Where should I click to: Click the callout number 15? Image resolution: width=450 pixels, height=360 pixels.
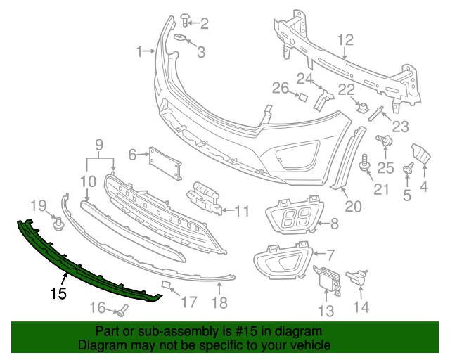tap(58, 293)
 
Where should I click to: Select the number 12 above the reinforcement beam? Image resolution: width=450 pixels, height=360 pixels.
tap(345, 40)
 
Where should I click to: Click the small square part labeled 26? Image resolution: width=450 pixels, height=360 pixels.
tap(303, 96)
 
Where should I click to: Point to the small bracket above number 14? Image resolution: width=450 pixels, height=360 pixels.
tap(360, 277)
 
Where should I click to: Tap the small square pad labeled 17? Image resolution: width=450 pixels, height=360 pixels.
tap(167, 285)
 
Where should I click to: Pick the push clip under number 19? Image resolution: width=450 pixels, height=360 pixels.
tap(59, 225)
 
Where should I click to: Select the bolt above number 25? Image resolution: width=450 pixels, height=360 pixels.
tap(385, 141)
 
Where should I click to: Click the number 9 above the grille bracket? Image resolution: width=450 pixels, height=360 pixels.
tap(99, 146)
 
